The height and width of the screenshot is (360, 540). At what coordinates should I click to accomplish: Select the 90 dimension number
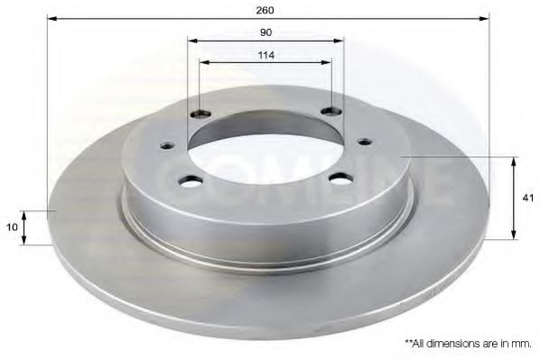coord(265,32)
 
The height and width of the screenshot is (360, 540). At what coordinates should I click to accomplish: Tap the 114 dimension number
coord(265,54)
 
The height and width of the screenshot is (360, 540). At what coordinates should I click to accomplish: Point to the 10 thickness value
coord(12,227)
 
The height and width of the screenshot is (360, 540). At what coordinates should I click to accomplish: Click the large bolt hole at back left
coord(200,115)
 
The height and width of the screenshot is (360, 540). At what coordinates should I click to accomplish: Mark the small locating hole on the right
coord(364,141)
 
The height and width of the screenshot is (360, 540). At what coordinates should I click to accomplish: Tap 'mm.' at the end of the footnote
coord(523,343)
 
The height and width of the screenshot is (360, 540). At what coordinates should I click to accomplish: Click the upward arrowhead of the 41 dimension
coord(514,160)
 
